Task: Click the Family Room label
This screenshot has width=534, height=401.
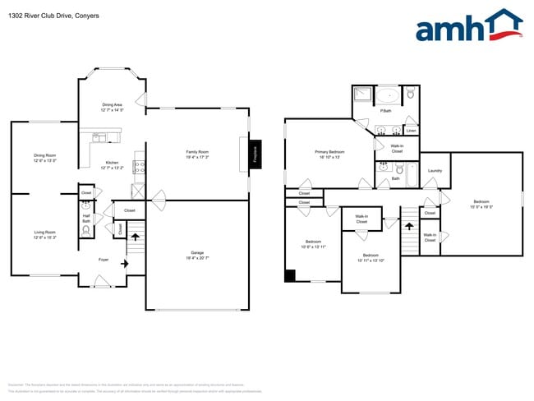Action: (197, 154)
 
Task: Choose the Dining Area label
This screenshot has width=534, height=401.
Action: (112, 107)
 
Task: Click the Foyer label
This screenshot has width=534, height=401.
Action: (104, 260)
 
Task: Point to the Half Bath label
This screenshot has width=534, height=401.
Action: (86, 219)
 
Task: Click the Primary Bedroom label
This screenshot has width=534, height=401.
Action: (329, 154)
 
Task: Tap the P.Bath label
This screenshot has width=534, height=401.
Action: (384, 111)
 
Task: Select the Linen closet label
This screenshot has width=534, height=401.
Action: (411, 131)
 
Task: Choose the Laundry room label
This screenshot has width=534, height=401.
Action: (435, 170)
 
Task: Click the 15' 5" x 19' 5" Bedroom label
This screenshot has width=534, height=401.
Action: (481, 204)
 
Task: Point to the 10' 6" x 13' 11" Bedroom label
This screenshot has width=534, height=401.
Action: (314, 244)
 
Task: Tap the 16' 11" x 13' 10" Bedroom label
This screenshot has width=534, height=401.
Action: (371, 257)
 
